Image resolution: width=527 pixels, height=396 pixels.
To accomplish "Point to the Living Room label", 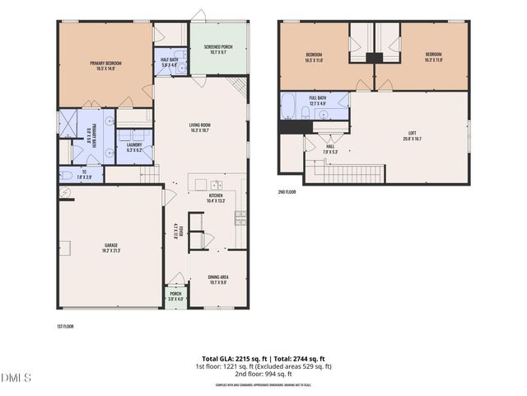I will click(200, 127).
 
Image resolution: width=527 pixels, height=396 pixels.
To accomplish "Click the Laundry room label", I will click(134, 146).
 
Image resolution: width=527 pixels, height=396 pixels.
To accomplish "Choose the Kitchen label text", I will click(216, 197).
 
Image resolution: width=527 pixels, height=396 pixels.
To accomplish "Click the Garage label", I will click(111, 247).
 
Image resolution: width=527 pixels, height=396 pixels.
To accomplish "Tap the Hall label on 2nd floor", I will click(330, 148).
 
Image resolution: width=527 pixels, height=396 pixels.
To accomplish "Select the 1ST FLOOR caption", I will click(67, 327).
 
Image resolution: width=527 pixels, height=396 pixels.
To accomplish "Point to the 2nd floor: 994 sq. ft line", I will click(263, 374).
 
